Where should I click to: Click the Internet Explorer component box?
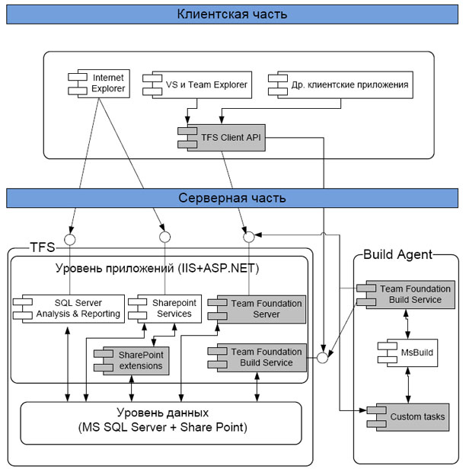(x=99, y=84)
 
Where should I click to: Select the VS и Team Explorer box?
(x=197, y=85)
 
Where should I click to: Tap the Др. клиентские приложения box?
(x=340, y=85)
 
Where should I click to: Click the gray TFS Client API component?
(x=222, y=138)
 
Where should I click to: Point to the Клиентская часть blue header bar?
(x=232, y=14)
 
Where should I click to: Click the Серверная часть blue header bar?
(x=232, y=198)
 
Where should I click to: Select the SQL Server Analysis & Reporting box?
(x=69, y=309)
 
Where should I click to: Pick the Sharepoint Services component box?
(x=164, y=309)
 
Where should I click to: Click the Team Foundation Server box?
(x=257, y=309)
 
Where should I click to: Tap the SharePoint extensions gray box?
(x=132, y=361)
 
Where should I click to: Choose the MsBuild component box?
(x=407, y=352)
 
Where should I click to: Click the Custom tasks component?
(x=408, y=417)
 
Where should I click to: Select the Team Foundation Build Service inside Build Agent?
(x=406, y=295)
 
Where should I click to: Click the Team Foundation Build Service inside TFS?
(x=257, y=358)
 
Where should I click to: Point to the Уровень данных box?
(x=161, y=423)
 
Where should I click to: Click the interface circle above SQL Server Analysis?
(x=70, y=240)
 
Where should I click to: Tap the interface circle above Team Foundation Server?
(x=249, y=238)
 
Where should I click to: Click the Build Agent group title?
(x=397, y=255)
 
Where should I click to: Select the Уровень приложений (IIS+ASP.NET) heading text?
(x=157, y=268)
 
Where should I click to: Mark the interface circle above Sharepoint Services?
(x=164, y=238)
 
